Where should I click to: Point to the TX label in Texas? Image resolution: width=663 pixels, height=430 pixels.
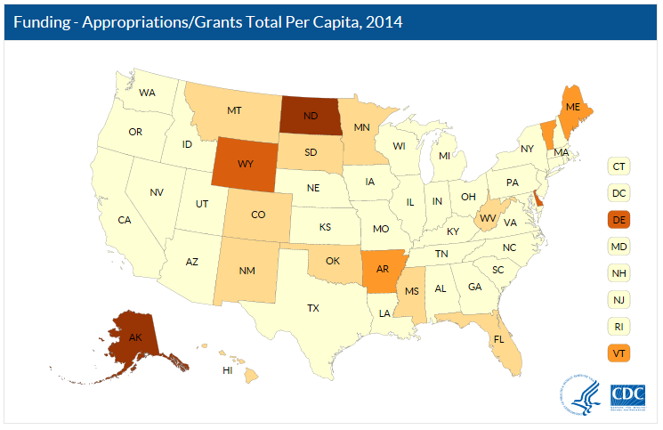(312, 309)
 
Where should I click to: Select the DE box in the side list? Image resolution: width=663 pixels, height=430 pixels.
(618, 218)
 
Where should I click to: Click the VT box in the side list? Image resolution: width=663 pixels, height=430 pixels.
(618, 353)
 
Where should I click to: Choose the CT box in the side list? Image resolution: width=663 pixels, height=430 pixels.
(618, 165)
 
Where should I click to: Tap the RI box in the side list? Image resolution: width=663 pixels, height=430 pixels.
(618, 326)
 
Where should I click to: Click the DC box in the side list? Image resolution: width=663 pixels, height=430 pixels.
(618, 191)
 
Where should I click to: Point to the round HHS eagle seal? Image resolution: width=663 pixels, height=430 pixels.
(578, 394)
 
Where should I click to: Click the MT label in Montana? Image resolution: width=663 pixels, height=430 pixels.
(234, 111)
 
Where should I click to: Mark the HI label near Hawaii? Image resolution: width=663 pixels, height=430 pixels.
(228, 369)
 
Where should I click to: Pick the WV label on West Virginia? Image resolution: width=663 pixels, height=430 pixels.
(488, 217)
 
